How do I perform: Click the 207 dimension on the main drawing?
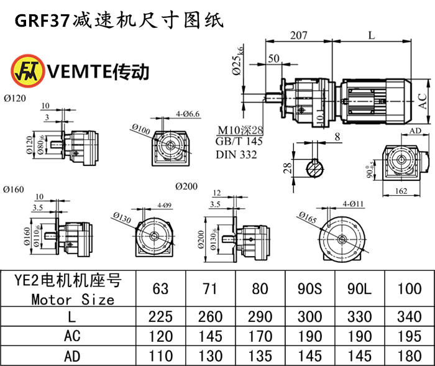click(298, 35)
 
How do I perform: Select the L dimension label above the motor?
click(371, 35)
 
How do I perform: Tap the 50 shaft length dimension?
click(273, 60)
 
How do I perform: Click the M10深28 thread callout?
click(240, 131)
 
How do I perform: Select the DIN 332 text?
click(236, 155)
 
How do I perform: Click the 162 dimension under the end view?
click(401, 191)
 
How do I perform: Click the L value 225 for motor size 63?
click(161, 317)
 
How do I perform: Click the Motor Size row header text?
click(73, 299)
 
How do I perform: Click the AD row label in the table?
click(73, 357)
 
